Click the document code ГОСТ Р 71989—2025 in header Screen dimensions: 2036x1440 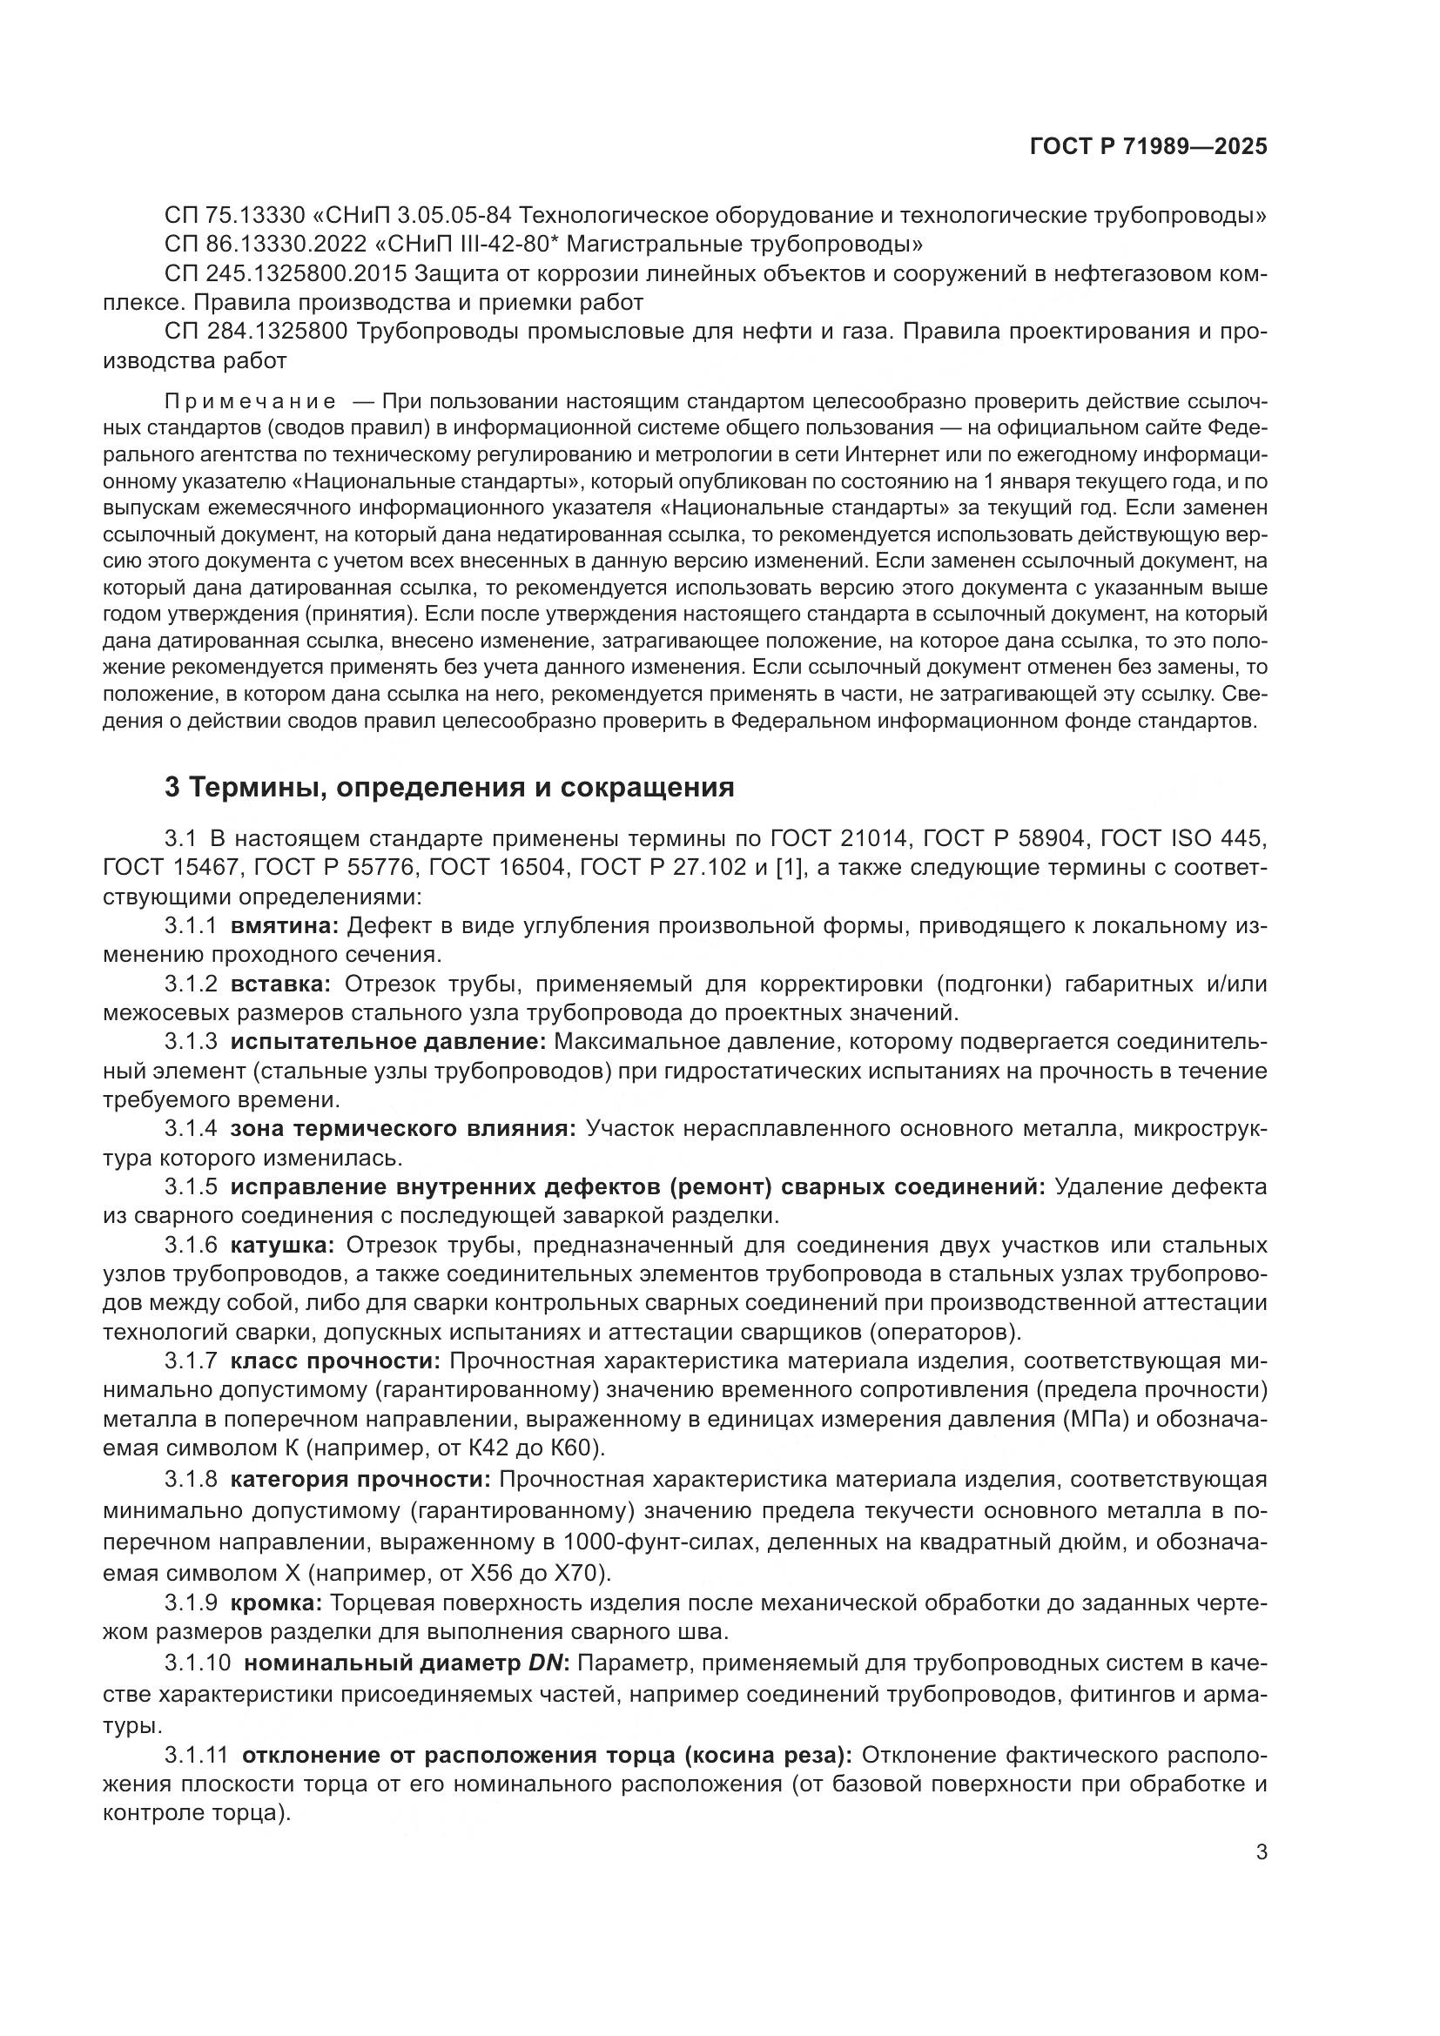pos(1148,147)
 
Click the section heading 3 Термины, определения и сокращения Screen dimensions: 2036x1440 pos(449,788)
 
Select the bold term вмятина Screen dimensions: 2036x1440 pos(285,926)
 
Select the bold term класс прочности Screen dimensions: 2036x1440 pos(335,1361)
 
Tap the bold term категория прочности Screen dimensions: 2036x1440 pos(360,1479)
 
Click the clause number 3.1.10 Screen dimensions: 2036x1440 pos(197,1662)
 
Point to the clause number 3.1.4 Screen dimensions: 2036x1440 pos(191,1129)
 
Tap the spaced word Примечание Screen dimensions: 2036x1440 pos(251,401)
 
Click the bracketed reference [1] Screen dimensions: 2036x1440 pos(788,867)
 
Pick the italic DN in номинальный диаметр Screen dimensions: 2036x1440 pos(546,1662)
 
